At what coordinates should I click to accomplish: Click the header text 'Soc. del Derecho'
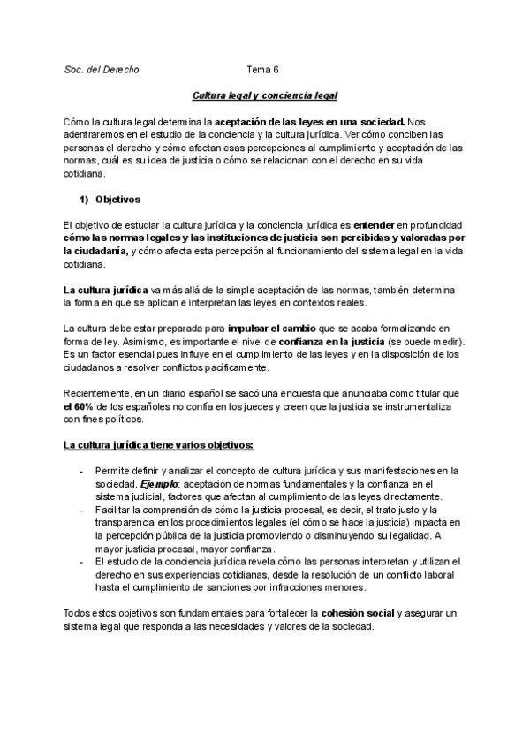pyautogui.click(x=102, y=69)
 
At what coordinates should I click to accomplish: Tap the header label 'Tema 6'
pyautogui.click(x=262, y=69)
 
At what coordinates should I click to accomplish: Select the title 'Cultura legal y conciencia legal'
pyautogui.click(x=265, y=95)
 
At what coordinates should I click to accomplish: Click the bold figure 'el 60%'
pyautogui.click(x=79, y=407)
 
